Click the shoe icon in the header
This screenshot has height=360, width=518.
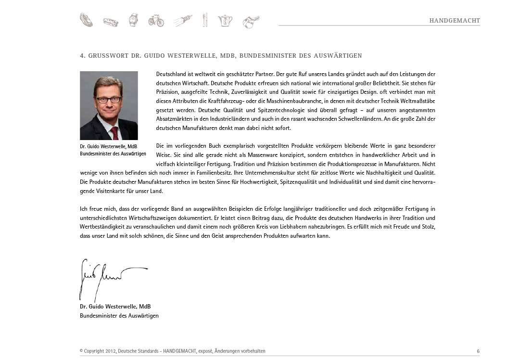coord(86,20)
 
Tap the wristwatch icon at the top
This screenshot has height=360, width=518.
coord(133,20)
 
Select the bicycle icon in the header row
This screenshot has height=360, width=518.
coord(156,20)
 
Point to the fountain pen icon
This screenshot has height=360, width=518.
coord(182,20)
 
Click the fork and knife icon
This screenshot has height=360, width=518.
coord(205,20)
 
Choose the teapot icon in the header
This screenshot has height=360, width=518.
coord(225,20)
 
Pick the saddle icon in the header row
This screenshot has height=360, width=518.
coord(251,22)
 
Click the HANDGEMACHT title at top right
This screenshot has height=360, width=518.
coord(455,21)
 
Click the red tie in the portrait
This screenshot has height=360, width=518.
coord(114,132)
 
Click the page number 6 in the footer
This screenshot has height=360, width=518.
coord(478,351)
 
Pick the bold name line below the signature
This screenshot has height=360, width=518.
coord(115,307)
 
